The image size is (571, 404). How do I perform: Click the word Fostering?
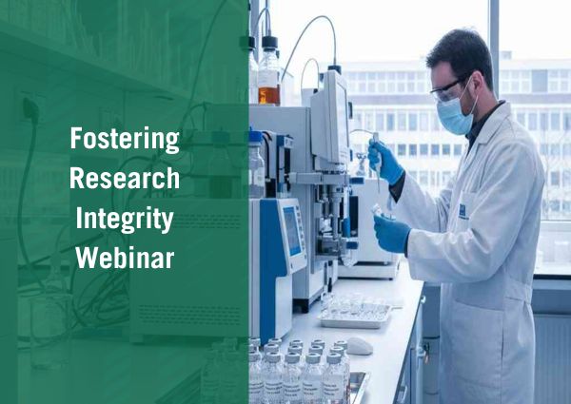click(124, 139)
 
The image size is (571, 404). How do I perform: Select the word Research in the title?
click(124, 178)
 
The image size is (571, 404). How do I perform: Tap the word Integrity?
click(124, 219)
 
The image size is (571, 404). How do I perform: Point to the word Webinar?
click(124, 258)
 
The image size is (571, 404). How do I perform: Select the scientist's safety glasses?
click(446, 89)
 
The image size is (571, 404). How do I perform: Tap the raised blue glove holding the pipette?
click(385, 164)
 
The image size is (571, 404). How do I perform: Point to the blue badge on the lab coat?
click(463, 211)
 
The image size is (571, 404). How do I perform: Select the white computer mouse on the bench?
click(359, 345)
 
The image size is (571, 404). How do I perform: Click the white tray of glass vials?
click(355, 314)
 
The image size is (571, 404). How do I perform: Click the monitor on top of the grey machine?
click(328, 119)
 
